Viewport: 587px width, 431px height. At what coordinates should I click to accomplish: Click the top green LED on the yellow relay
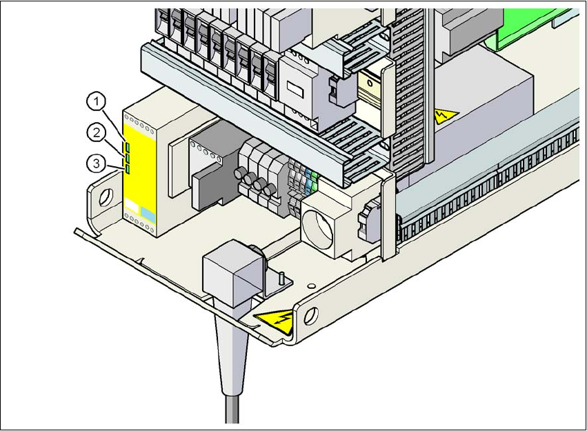click(x=128, y=146)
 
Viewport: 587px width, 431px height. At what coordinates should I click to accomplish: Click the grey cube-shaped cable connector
click(x=227, y=278)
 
